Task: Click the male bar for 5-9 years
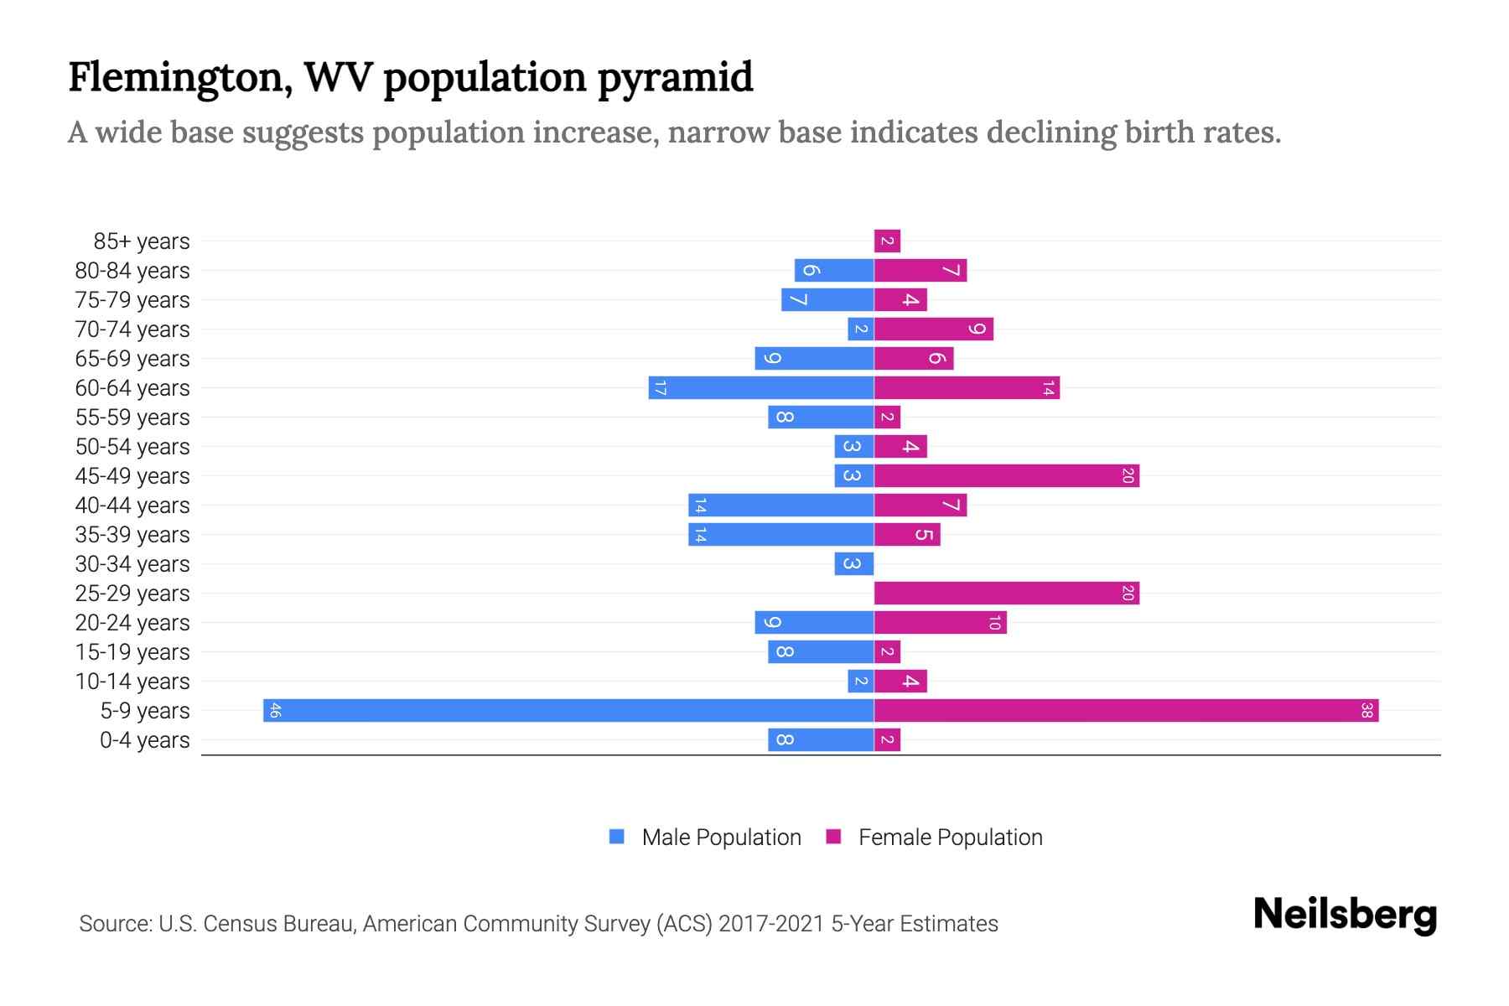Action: [568, 710]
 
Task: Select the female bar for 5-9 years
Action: [1126, 710]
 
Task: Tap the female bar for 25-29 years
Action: [1006, 593]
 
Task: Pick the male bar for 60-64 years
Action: [761, 387]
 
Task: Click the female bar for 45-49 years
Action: [1006, 475]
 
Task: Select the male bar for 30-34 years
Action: [854, 563]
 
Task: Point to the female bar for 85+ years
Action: [887, 241]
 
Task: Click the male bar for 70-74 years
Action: [861, 329]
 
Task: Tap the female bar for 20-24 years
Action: [940, 622]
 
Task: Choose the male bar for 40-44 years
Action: [781, 505]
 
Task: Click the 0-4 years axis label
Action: [144, 740]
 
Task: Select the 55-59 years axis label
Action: [132, 417]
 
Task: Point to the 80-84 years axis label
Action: [132, 271]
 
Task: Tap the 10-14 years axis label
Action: [132, 682]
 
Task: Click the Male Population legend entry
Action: [706, 837]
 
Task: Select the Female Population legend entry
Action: [935, 837]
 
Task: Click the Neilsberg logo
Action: [1345, 914]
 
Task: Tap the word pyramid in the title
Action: [675, 77]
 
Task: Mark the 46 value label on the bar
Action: [275, 711]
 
